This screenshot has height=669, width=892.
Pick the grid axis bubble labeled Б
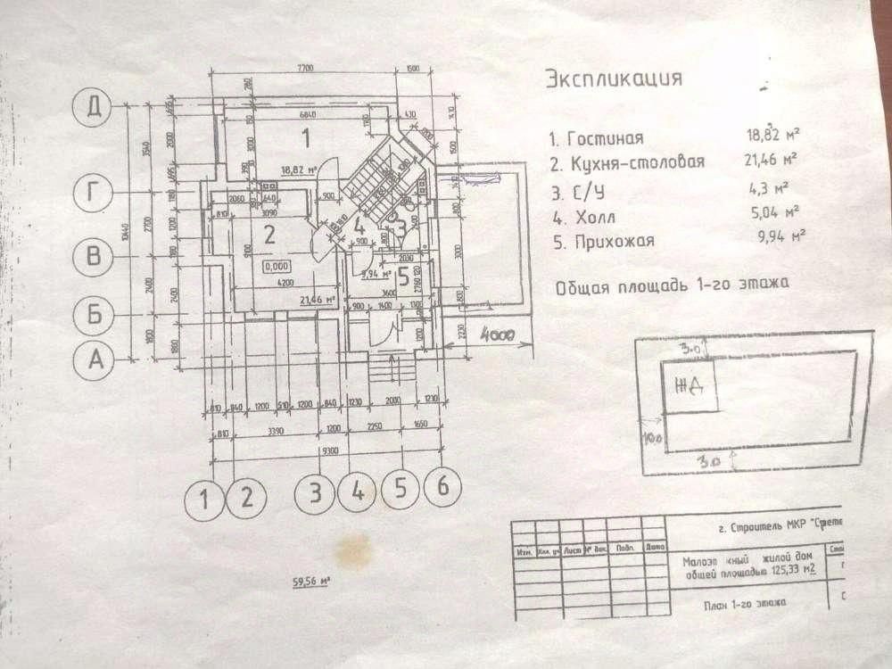(x=95, y=313)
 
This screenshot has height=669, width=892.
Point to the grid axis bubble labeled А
(x=95, y=360)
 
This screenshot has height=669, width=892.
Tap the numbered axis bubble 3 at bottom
(x=316, y=491)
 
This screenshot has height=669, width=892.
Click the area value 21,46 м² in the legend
(x=770, y=161)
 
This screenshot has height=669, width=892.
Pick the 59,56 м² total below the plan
(x=311, y=584)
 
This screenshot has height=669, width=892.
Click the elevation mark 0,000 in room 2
(x=277, y=266)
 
